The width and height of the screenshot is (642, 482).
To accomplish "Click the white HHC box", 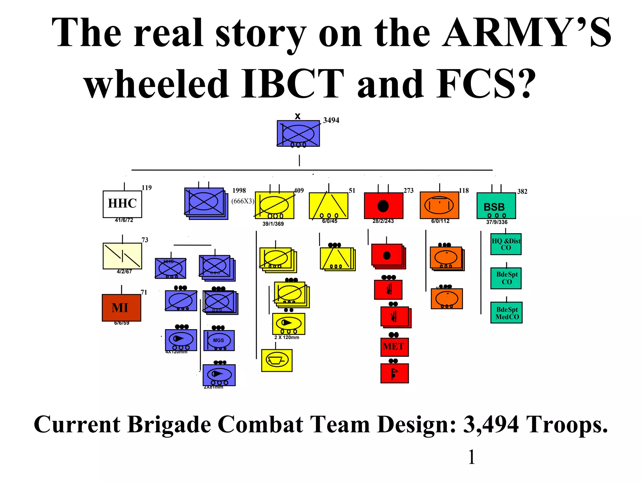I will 122,204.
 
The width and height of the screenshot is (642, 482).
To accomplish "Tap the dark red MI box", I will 121,308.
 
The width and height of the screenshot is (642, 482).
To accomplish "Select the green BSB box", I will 496,206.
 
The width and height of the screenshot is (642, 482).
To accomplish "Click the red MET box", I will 394,347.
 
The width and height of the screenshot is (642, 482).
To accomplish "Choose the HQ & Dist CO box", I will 506,244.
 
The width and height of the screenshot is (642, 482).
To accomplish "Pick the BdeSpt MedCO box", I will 506,313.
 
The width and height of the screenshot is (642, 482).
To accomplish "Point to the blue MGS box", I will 219,340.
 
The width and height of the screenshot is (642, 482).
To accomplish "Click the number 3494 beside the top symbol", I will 331,120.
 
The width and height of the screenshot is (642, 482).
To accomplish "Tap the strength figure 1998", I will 239,190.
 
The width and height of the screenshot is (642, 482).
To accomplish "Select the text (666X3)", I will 243,201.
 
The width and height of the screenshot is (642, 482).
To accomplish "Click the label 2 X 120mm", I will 287,338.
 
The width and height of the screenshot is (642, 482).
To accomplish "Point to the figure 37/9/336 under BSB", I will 497,222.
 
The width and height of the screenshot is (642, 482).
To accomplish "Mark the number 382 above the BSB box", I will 522,191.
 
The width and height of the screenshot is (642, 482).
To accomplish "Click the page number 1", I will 471,457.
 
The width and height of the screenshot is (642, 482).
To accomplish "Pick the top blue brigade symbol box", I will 298,134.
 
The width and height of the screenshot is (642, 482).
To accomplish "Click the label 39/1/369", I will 273,224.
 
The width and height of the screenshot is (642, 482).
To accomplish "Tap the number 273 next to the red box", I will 408,190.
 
